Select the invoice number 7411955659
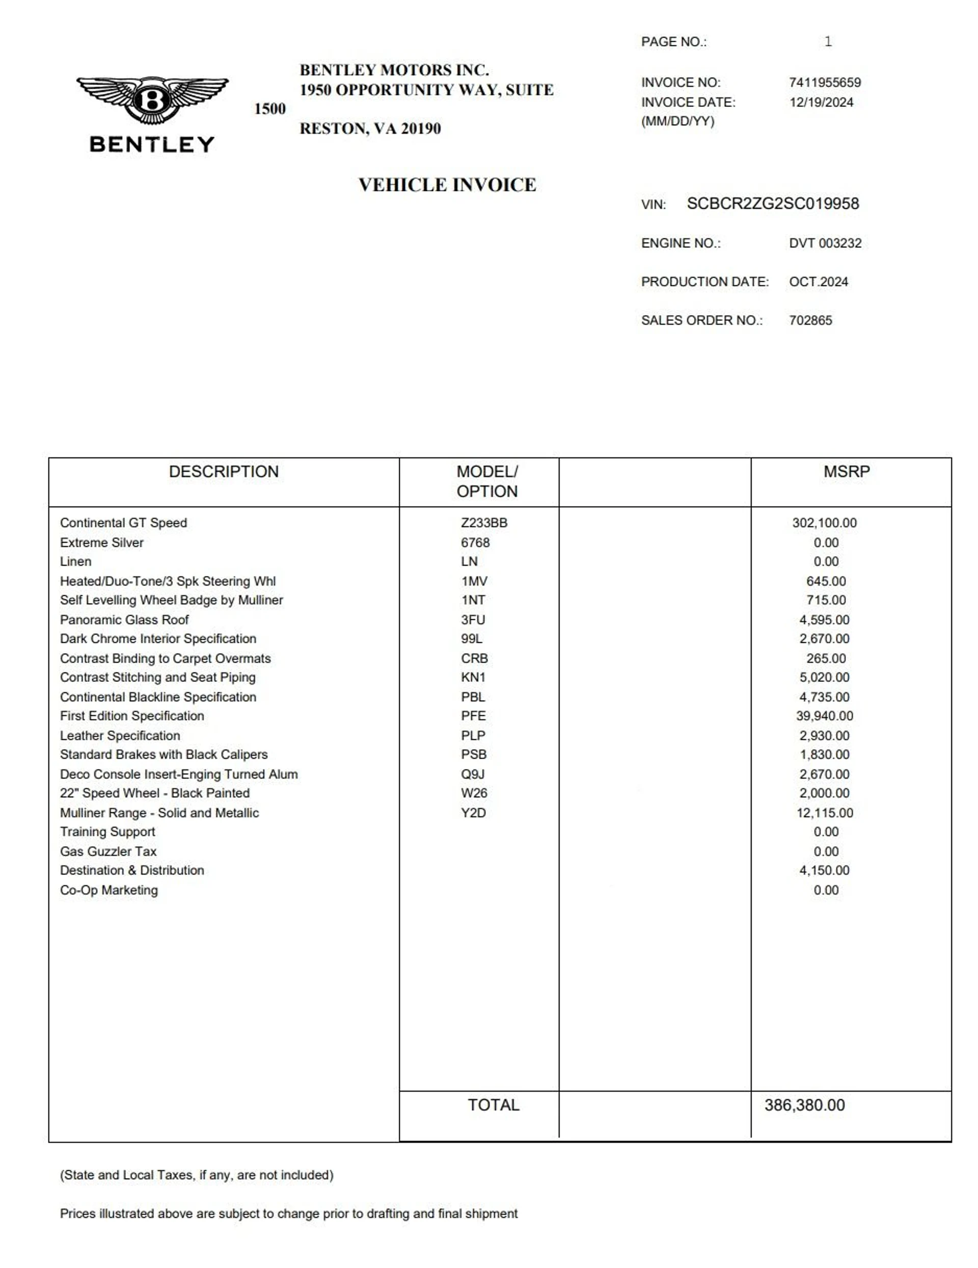pyautogui.click(x=824, y=82)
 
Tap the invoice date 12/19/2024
pyautogui.click(x=821, y=102)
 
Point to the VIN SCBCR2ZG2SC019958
pyautogui.click(x=772, y=204)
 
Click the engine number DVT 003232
pyautogui.click(x=825, y=243)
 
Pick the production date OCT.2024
pyautogui.click(x=818, y=282)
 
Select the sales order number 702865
pyautogui.click(x=810, y=320)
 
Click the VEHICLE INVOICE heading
pyautogui.click(x=447, y=185)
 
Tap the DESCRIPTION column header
pyautogui.click(x=224, y=472)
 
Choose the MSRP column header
pyautogui.click(x=846, y=472)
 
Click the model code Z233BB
pyautogui.click(x=484, y=522)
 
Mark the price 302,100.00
pyautogui.click(x=824, y=522)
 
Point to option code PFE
pyautogui.click(x=473, y=716)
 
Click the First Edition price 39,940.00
pyautogui.click(x=824, y=716)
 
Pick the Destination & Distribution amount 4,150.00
pyautogui.click(x=824, y=870)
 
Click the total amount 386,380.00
pyautogui.click(x=804, y=1105)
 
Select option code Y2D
pyautogui.click(x=473, y=813)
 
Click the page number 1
pyautogui.click(x=828, y=41)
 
